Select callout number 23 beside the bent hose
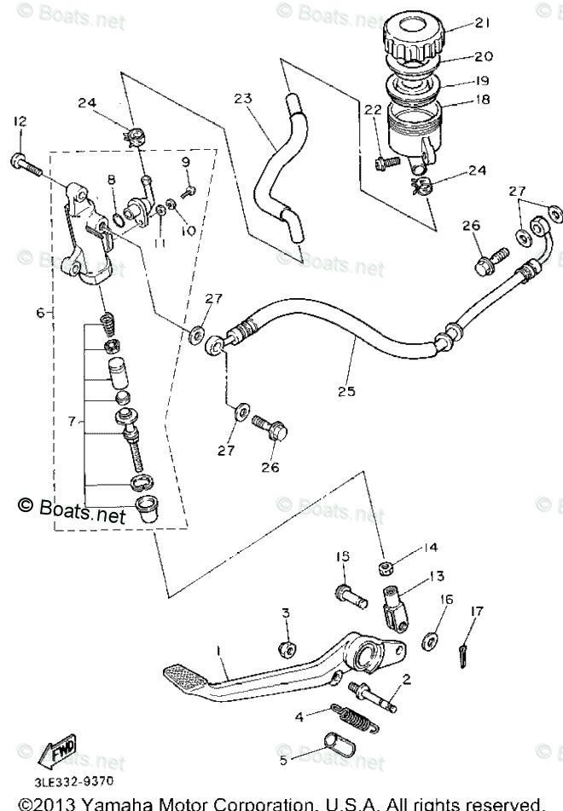(243, 100)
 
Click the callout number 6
(41, 313)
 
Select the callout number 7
(73, 421)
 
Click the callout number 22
(371, 109)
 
